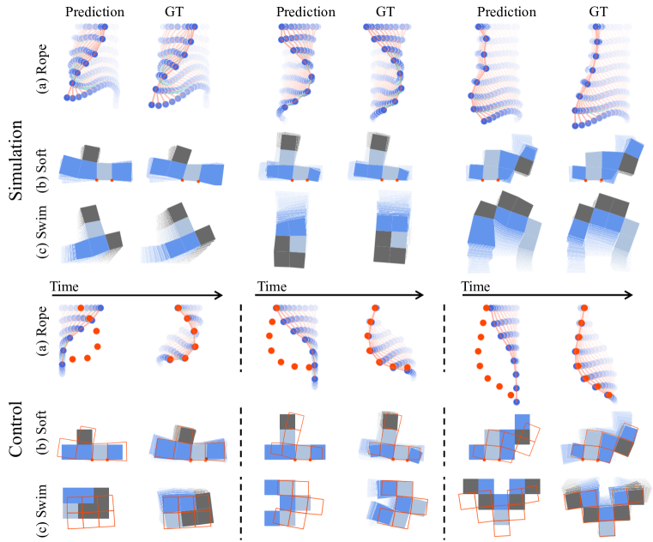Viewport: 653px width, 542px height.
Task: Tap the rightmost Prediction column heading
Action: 505,12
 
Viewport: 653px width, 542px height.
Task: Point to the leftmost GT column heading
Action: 175,12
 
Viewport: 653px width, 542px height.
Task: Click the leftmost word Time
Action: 66,284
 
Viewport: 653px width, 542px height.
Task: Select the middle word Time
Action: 271,284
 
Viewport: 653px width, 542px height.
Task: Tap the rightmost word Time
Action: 477,284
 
